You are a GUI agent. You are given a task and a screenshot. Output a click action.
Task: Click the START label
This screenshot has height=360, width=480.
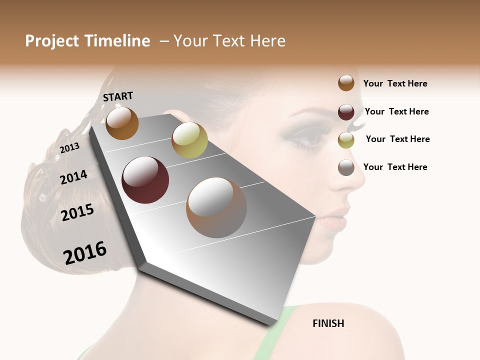tap(118, 96)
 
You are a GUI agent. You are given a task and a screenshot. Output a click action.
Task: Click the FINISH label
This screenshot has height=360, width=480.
tap(328, 323)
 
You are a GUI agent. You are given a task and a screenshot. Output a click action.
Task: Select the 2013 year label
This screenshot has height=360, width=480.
tap(69, 147)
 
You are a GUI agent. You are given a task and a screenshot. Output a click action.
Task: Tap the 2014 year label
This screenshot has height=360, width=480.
tap(73, 177)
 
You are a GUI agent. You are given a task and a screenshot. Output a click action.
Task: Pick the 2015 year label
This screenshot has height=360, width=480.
tap(77, 212)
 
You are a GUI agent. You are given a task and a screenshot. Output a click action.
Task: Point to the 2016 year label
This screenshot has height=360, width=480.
tap(85, 252)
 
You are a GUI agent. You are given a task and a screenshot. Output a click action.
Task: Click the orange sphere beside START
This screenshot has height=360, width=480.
tap(122, 123)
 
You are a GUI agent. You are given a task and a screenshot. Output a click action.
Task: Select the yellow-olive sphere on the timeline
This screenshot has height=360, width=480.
tap(189, 140)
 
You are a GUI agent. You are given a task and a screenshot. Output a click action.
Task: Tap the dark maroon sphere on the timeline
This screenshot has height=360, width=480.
tap(145, 180)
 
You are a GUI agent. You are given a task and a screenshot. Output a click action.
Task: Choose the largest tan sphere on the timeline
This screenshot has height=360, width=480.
tap(216, 207)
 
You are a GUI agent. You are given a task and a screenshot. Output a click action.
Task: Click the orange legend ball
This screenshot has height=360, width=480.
tap(346, 83)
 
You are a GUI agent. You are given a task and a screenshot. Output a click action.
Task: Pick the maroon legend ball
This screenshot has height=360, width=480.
tap(346, 111)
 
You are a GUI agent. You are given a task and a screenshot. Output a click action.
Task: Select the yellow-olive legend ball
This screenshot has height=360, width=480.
tap(346, 139)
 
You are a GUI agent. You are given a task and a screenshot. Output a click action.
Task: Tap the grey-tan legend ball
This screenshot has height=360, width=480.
tap(346, 167)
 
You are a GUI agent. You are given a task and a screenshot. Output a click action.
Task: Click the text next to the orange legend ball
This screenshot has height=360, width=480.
tap(395, 83)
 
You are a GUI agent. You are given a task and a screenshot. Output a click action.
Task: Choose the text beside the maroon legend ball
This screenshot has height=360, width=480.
tap(396, 111)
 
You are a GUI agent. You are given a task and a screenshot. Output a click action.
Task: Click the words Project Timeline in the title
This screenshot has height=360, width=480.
tap(87, 41)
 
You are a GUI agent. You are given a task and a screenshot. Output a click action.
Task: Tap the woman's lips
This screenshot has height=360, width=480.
tap(334, 220)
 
